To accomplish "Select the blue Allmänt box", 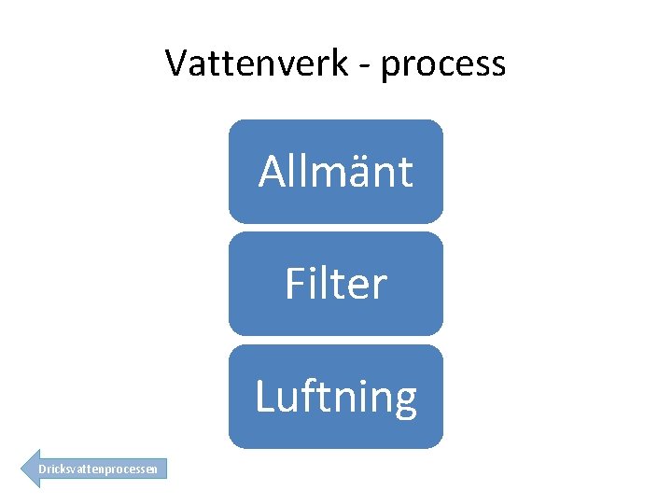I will click(x=336, y=171).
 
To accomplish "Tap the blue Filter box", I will click(x=336, y=284).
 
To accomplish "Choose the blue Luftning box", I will click(x=336, y=397).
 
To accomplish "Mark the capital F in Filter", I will click(x=295, y=284).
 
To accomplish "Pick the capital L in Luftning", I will click(x=264, y=397).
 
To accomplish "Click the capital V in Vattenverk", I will click(x=177, y=63).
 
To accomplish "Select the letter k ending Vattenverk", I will click(x=341, y=63).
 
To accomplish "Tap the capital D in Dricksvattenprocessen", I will click(x=42, y=469).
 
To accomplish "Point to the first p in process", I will click(x=391, y=67).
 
